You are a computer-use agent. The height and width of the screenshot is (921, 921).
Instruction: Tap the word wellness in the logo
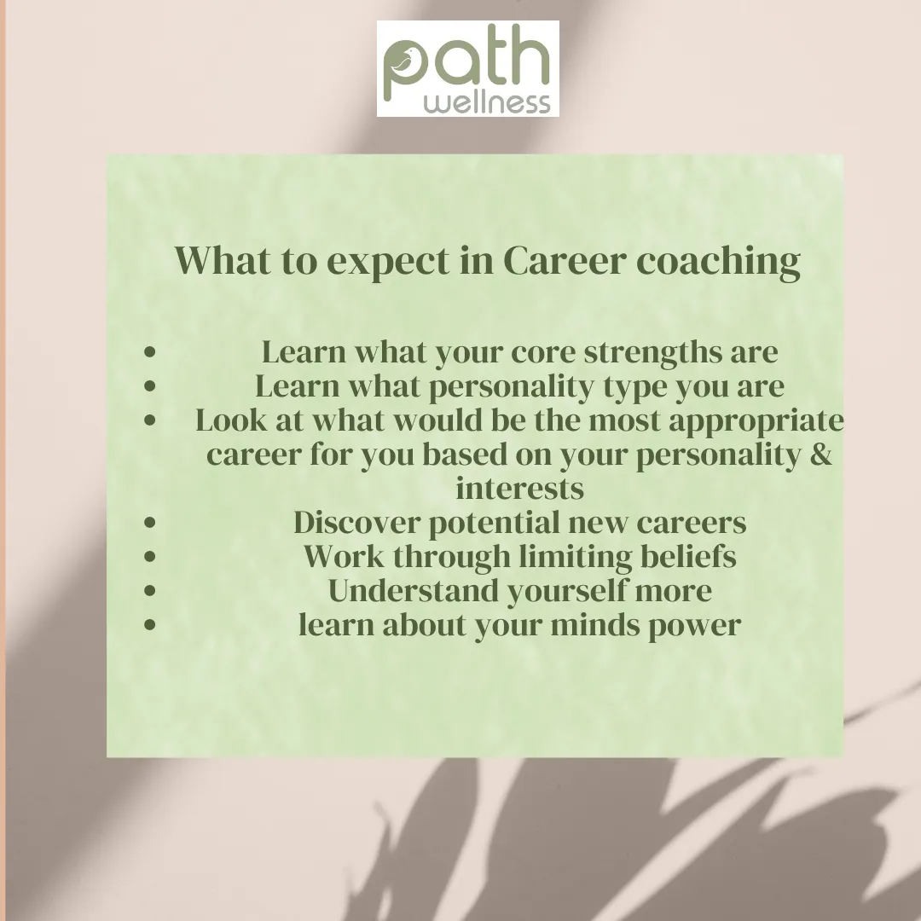pos(487,102)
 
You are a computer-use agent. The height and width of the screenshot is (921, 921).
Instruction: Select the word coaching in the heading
pos(718,262)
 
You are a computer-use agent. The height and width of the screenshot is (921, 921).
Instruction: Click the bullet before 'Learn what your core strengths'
pos(150,352)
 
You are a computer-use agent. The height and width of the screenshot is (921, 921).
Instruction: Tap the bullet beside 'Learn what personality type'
pos(150,386)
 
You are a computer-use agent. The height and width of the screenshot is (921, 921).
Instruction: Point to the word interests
pos(520,489)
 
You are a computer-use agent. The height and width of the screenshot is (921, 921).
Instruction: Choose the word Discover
pos(356,522)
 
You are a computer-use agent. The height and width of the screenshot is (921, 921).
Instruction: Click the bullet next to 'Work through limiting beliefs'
pos(150,556)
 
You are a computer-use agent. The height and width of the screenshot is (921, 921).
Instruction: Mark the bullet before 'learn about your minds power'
pos(150,623)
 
